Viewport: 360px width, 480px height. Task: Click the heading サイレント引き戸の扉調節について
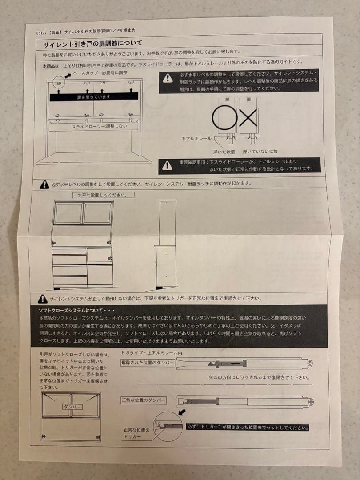pyautogui.click(x=92, y=44)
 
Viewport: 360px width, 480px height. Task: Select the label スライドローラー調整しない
pyautogui.click(x=93, y=127)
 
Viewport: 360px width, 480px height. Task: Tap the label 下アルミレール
pyautogui.click(x=196, y=139)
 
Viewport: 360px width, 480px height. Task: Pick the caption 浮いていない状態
pyautogui.click(x=260, y=152)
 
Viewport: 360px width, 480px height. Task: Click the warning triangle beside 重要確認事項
pyautogui.click(x=167, y=165)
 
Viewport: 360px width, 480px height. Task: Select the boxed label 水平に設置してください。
pyautogui.click(x=103, y=195)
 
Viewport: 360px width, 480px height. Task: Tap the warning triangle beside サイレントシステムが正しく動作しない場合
pyautogui.click(x=42, y=299)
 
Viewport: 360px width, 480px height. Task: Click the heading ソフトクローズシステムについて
pyautogui.click(x=77, y=310)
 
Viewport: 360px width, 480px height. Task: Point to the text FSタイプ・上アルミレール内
pyautogui.click(x=152, y=352)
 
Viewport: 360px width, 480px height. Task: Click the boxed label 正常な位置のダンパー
pyautogui.click(x=144, y=400)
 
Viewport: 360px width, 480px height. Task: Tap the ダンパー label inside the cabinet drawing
pyautogui.click(x=71, y=407)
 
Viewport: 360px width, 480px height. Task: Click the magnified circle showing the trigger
pyautogui.click(x=168, y=426)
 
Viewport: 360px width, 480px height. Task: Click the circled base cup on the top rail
pyautogui.click(x=56, y=82)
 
